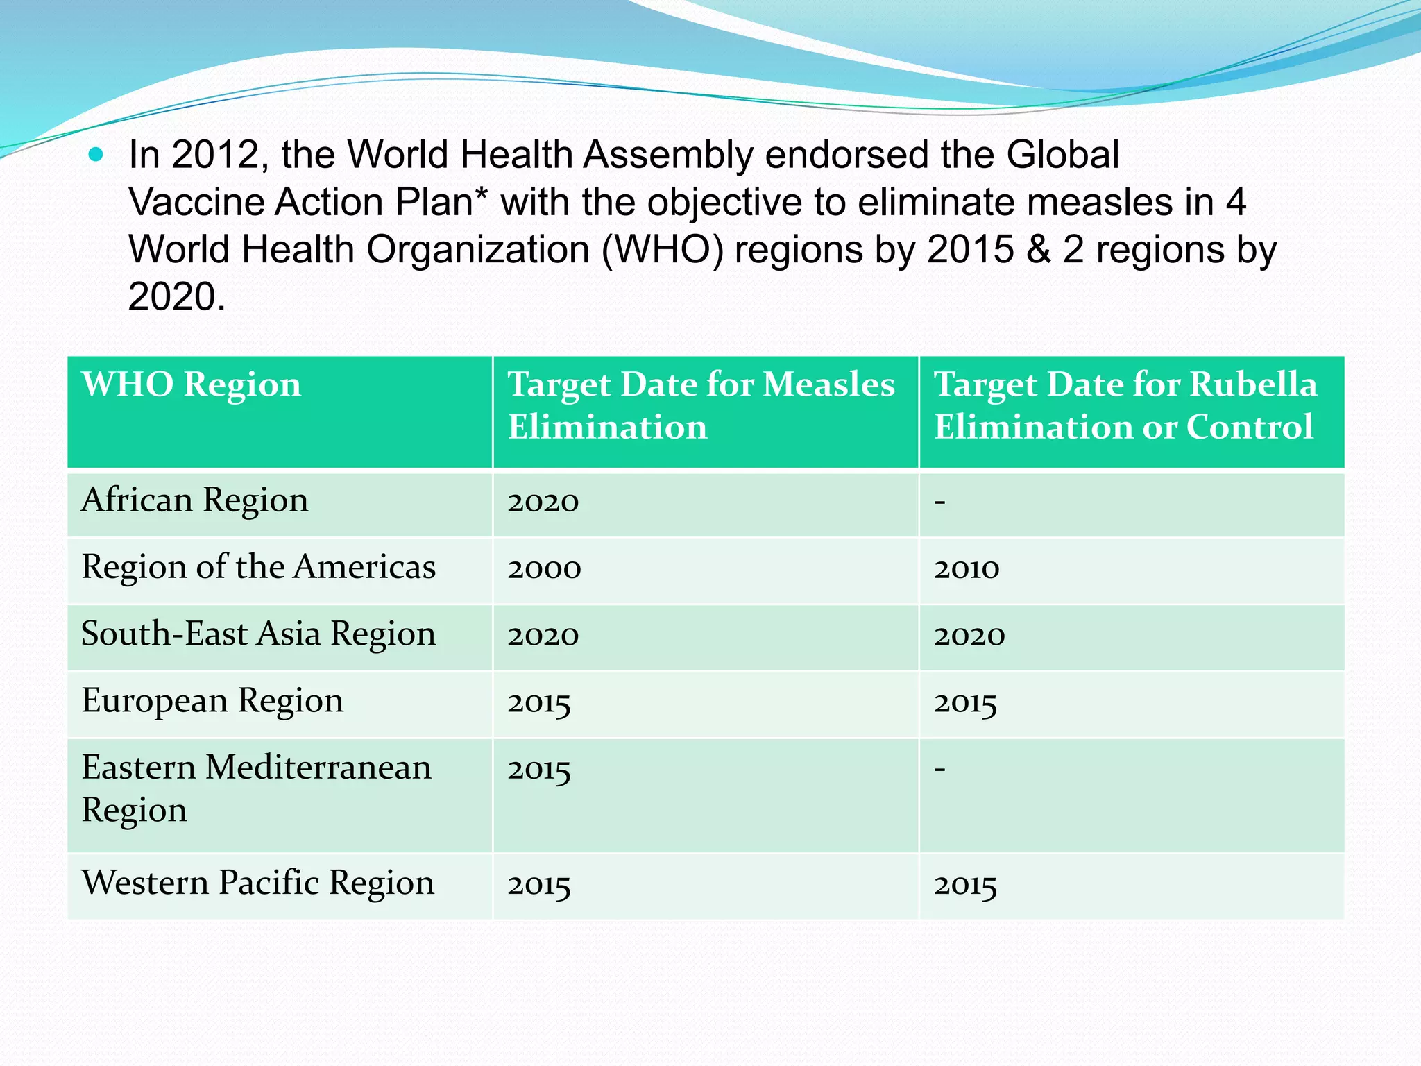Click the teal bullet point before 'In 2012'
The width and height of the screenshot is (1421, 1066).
tap(96, 155)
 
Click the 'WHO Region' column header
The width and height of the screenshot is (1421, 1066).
tap(192, 384)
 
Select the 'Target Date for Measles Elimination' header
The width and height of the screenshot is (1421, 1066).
tap(701, 405)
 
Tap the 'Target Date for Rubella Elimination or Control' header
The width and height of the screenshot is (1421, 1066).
tap(1125, 405)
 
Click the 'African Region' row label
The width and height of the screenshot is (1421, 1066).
tap(195, 500)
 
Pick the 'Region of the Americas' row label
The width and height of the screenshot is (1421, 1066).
tap(259, 567)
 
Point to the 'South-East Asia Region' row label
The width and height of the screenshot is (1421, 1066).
tap(259, 634)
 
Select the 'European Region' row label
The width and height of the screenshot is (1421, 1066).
tap(212, 701)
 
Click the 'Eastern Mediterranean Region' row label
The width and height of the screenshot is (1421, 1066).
tap(257, 788)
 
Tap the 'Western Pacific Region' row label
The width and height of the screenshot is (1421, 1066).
tap(258, 883)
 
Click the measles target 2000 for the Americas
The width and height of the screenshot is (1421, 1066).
tap(544, 569)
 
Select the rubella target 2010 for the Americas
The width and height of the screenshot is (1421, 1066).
tap(967, 569)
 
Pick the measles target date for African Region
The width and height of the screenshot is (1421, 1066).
tap(543, 502)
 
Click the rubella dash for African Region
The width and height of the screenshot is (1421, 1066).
tap(940, 501)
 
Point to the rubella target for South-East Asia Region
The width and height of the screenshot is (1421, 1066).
tap(969, 636)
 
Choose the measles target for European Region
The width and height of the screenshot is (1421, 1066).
tap(539, 703)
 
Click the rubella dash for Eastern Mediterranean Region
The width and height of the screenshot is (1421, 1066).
tap(940, 769)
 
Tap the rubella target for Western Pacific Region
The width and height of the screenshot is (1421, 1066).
tap(965, 886)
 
